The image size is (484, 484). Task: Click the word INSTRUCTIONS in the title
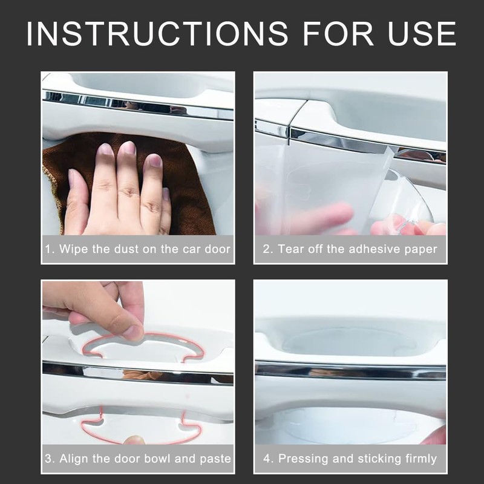coord(157,33)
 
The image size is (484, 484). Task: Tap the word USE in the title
coord(422,33)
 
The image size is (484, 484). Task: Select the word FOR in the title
coord(338,33)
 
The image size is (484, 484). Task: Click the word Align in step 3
coord(74,459)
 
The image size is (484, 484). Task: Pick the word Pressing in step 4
coord(303,459)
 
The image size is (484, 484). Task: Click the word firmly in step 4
coord(421,459)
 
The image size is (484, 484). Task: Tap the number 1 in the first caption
coord(48,249)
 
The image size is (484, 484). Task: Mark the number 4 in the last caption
coord(267,459)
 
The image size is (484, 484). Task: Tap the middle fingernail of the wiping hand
coord(127,148)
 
